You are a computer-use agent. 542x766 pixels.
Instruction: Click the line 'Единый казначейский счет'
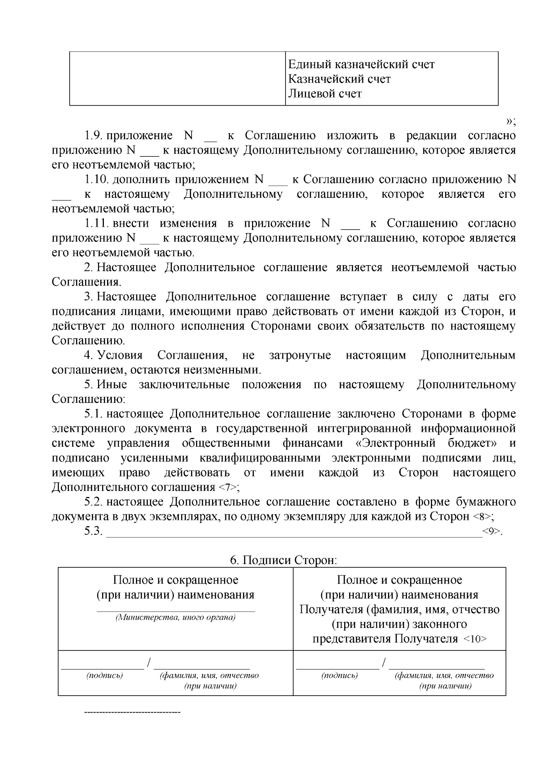pyautogui.click(x=361, y=65)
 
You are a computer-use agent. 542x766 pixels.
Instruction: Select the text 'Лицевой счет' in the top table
pyautogui.click(x=325, y=94)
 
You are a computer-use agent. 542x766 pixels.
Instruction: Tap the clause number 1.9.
pyautogui.click(x=94, y=135)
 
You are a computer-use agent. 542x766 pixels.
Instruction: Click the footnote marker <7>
pyautogui.click(x=228, y=488)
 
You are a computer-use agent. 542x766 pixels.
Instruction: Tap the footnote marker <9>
pyautogui.click(x=491, y=531)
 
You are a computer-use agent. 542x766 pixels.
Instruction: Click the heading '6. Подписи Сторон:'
pyautogui.click(x=284, y=560)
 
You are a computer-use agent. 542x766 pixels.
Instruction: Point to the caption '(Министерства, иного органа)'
pyautogui.click(x=176, y=618)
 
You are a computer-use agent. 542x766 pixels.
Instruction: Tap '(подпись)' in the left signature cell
pyautogui.click(x=104, y=676)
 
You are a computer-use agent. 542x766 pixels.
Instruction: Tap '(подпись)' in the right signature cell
pyautogui.click(x=339, y=676)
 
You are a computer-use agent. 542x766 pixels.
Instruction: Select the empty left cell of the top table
pyautogui.click(x=177, y=79)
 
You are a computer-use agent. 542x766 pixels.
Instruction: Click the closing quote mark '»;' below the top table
pyautogui.click(x=510, y=121)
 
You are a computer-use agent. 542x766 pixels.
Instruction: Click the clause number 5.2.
pyautogui.click(x=94, y=502)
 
